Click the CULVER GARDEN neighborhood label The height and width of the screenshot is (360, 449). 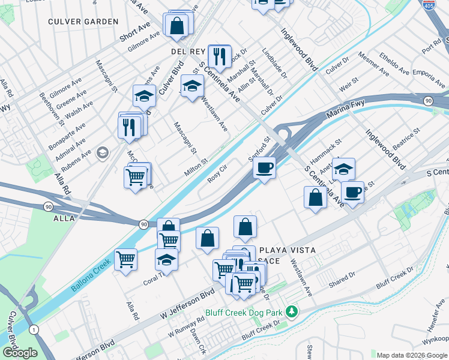pos(84,22)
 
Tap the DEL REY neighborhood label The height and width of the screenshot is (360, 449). pos(188,52)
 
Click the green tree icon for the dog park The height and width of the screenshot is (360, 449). pos(291,311)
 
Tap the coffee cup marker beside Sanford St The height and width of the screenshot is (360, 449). pos(264,168)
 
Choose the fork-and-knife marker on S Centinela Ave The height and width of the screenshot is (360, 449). pos(219,56)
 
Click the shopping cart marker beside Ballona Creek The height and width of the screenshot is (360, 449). pos(126,260)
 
